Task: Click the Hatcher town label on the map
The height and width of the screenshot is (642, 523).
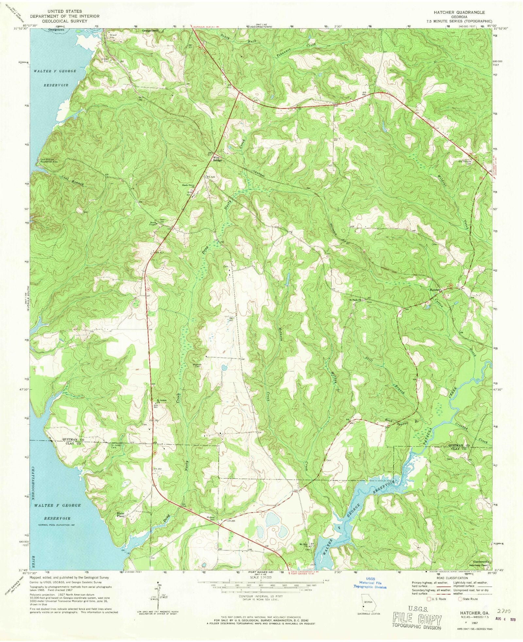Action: (435, 290)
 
